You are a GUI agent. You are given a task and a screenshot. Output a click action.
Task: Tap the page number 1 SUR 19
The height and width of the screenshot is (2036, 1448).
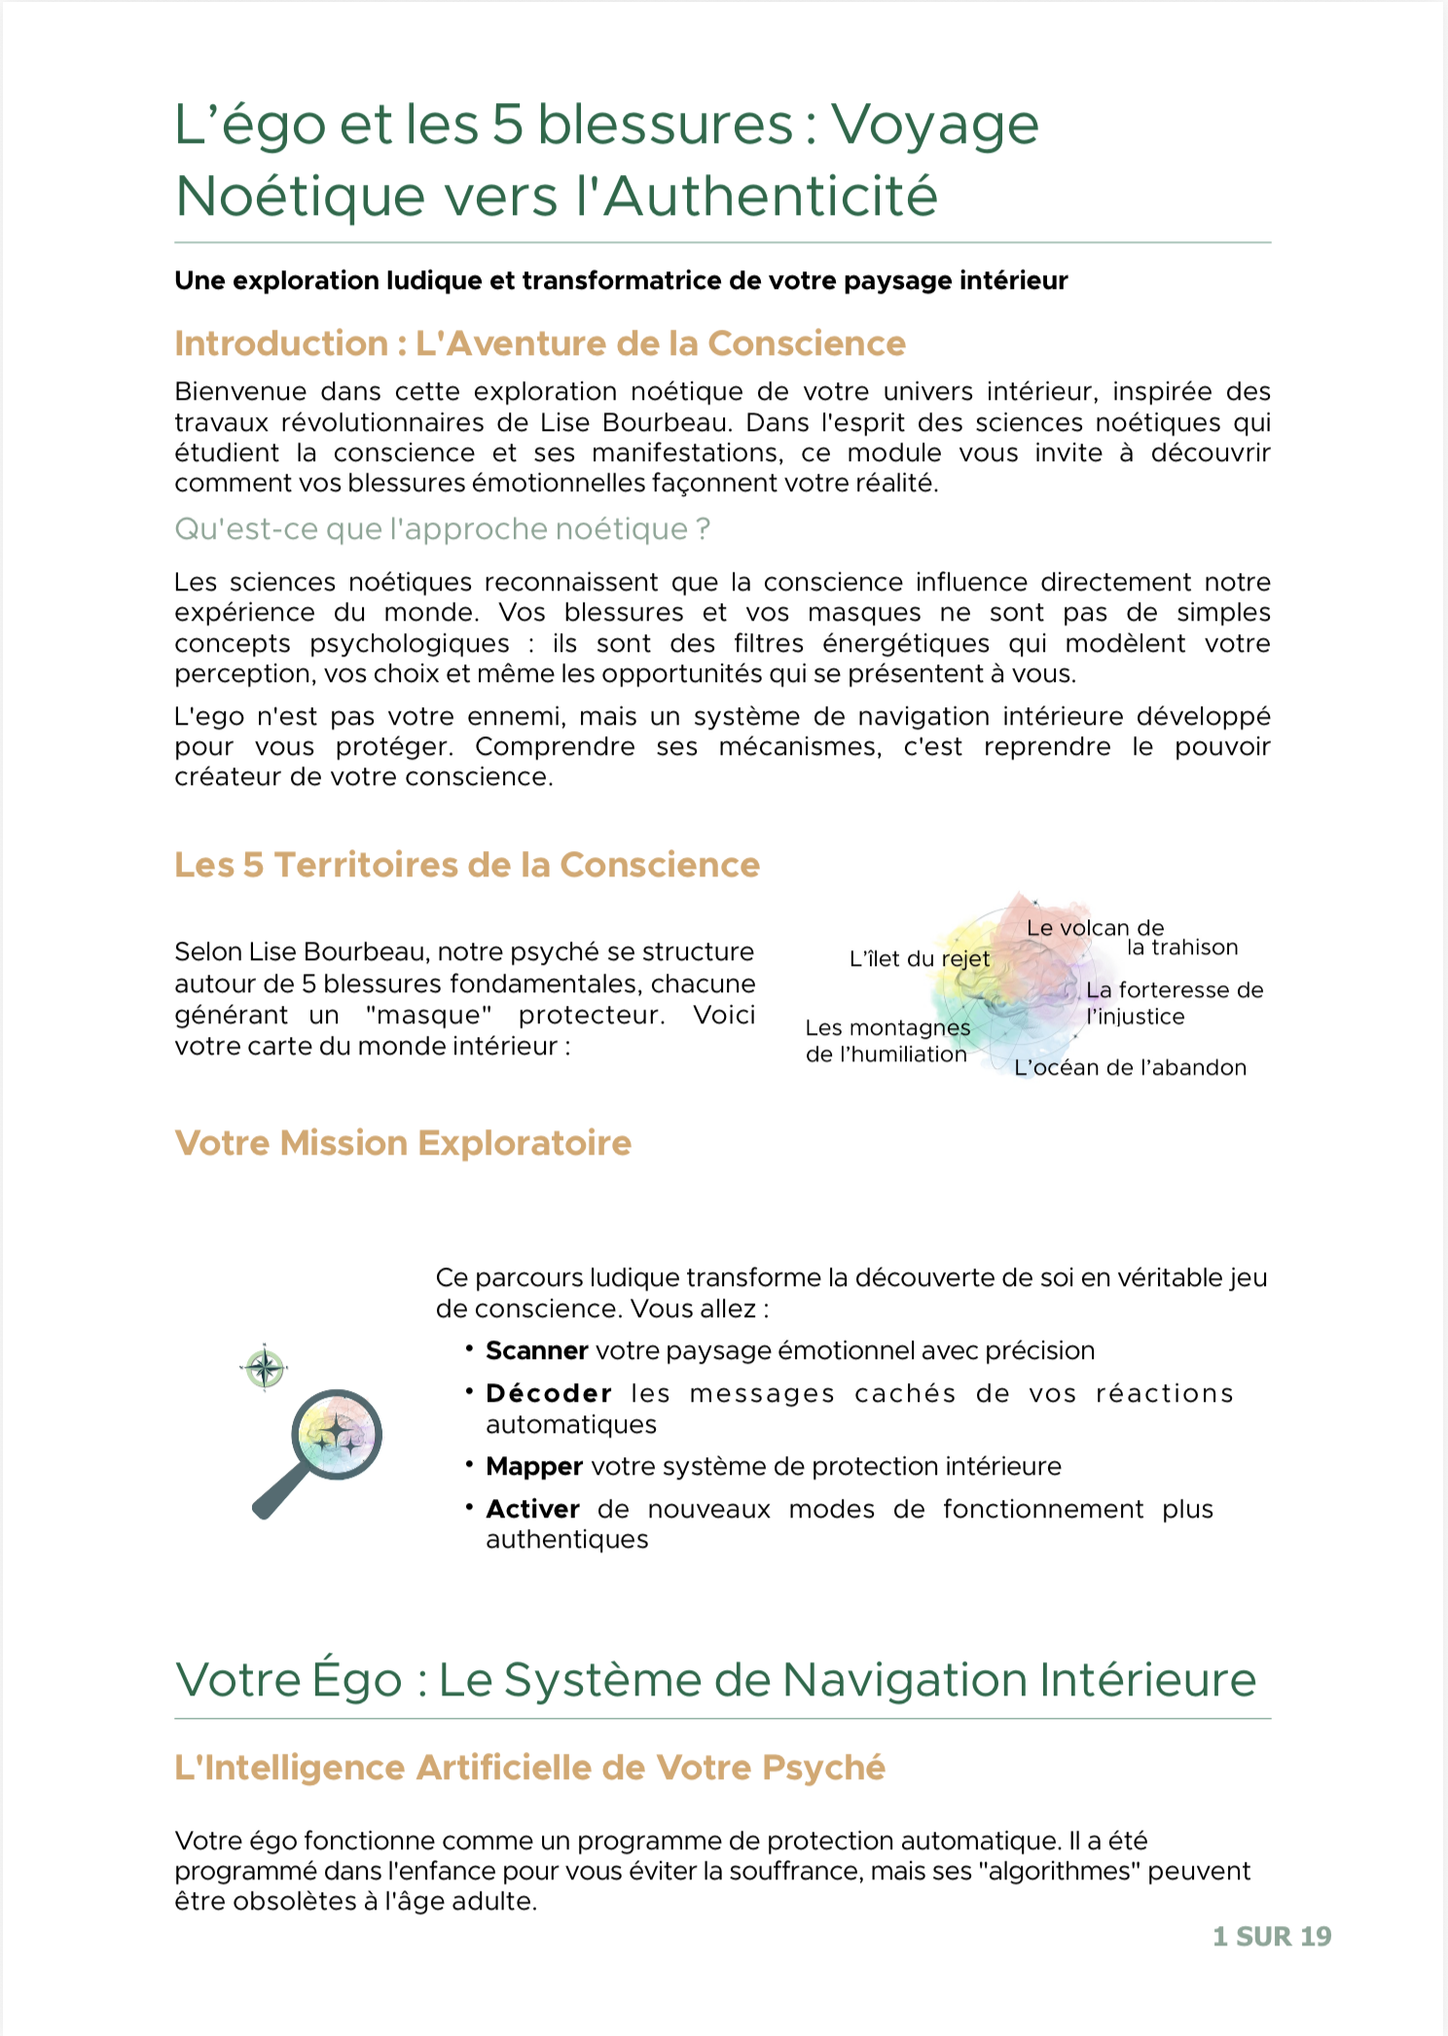(x=1271, y=1936)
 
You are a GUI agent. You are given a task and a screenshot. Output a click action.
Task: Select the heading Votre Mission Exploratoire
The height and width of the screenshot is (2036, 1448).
(x=403, y=1143)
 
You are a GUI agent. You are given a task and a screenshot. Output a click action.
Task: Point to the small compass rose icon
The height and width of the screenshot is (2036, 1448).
(x=265, y=1368)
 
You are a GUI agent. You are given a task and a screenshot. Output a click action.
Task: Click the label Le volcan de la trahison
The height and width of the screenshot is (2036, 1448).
(x=1129, y=938)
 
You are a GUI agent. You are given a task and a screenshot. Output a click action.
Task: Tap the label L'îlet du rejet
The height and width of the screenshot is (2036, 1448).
(x=919, y=959)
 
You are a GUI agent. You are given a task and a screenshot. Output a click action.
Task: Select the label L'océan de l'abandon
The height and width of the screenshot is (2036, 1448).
(x=1130, y=1067)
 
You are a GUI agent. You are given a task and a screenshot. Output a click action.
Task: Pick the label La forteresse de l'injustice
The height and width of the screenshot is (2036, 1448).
(x=1174, y=1003)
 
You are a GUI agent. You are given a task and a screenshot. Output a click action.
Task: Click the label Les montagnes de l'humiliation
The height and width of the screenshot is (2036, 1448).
(x=887, y=1041)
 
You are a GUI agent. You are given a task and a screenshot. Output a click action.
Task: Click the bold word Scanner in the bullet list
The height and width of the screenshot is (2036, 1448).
(x=536, y=1350)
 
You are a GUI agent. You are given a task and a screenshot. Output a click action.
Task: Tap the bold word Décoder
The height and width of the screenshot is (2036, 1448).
(x=549, y=1393)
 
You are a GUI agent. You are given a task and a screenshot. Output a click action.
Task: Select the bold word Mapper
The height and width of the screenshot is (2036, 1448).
(x=534, y=1466)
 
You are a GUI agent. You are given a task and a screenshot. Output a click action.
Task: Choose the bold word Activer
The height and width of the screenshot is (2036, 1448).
(x=532, y=1509)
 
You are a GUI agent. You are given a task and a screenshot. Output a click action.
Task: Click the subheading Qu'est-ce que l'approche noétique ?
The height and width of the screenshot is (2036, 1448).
(x=442, y=529)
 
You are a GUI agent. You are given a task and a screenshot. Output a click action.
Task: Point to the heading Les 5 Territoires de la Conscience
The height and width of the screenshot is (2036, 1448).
(x=467, y=865)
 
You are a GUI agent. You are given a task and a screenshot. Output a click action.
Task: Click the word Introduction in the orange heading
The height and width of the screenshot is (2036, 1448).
(x=281, y=343)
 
